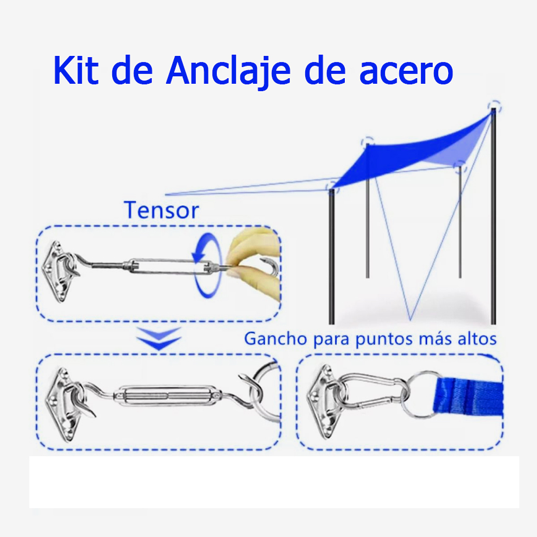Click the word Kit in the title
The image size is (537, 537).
[x=76, y=71]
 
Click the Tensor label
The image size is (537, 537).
[x=161, y=210]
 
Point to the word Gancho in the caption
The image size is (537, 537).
[x=275, y=339]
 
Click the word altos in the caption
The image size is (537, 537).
[x=477, y=338]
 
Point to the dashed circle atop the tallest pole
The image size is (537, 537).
[x=494, y=107]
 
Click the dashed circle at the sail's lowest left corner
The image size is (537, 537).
[x=332, y=186]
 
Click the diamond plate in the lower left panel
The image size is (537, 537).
[x=63, y=404]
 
